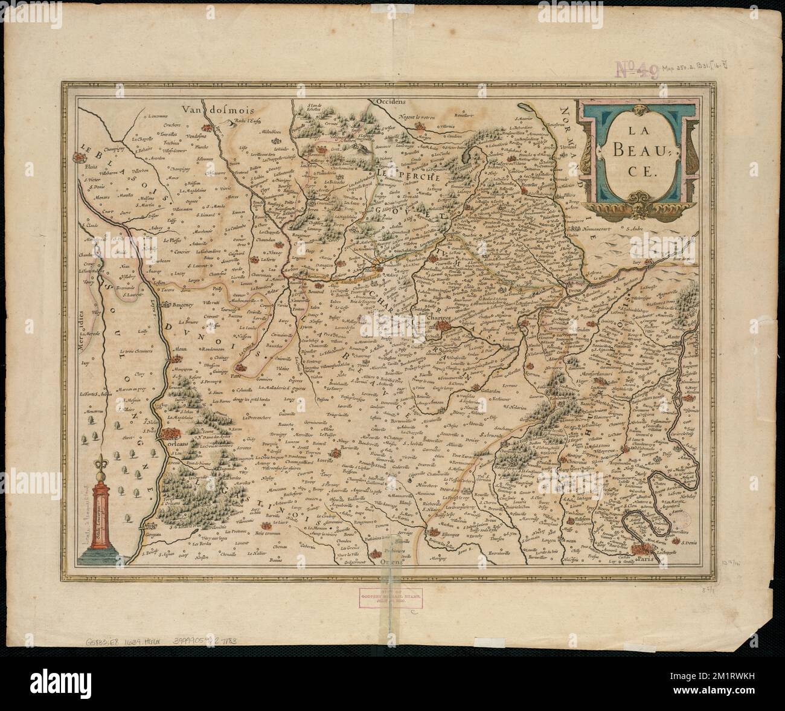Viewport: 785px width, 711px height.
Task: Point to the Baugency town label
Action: click(x=184, y=306)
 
